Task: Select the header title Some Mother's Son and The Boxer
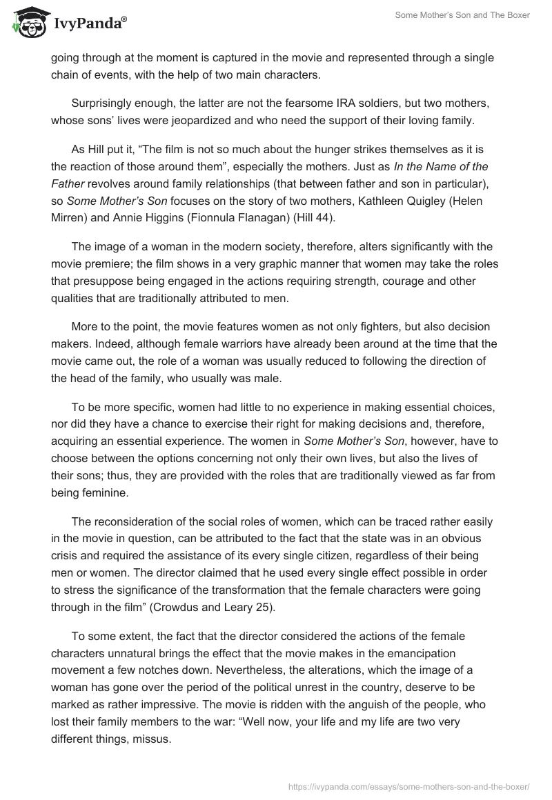(462, 15)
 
